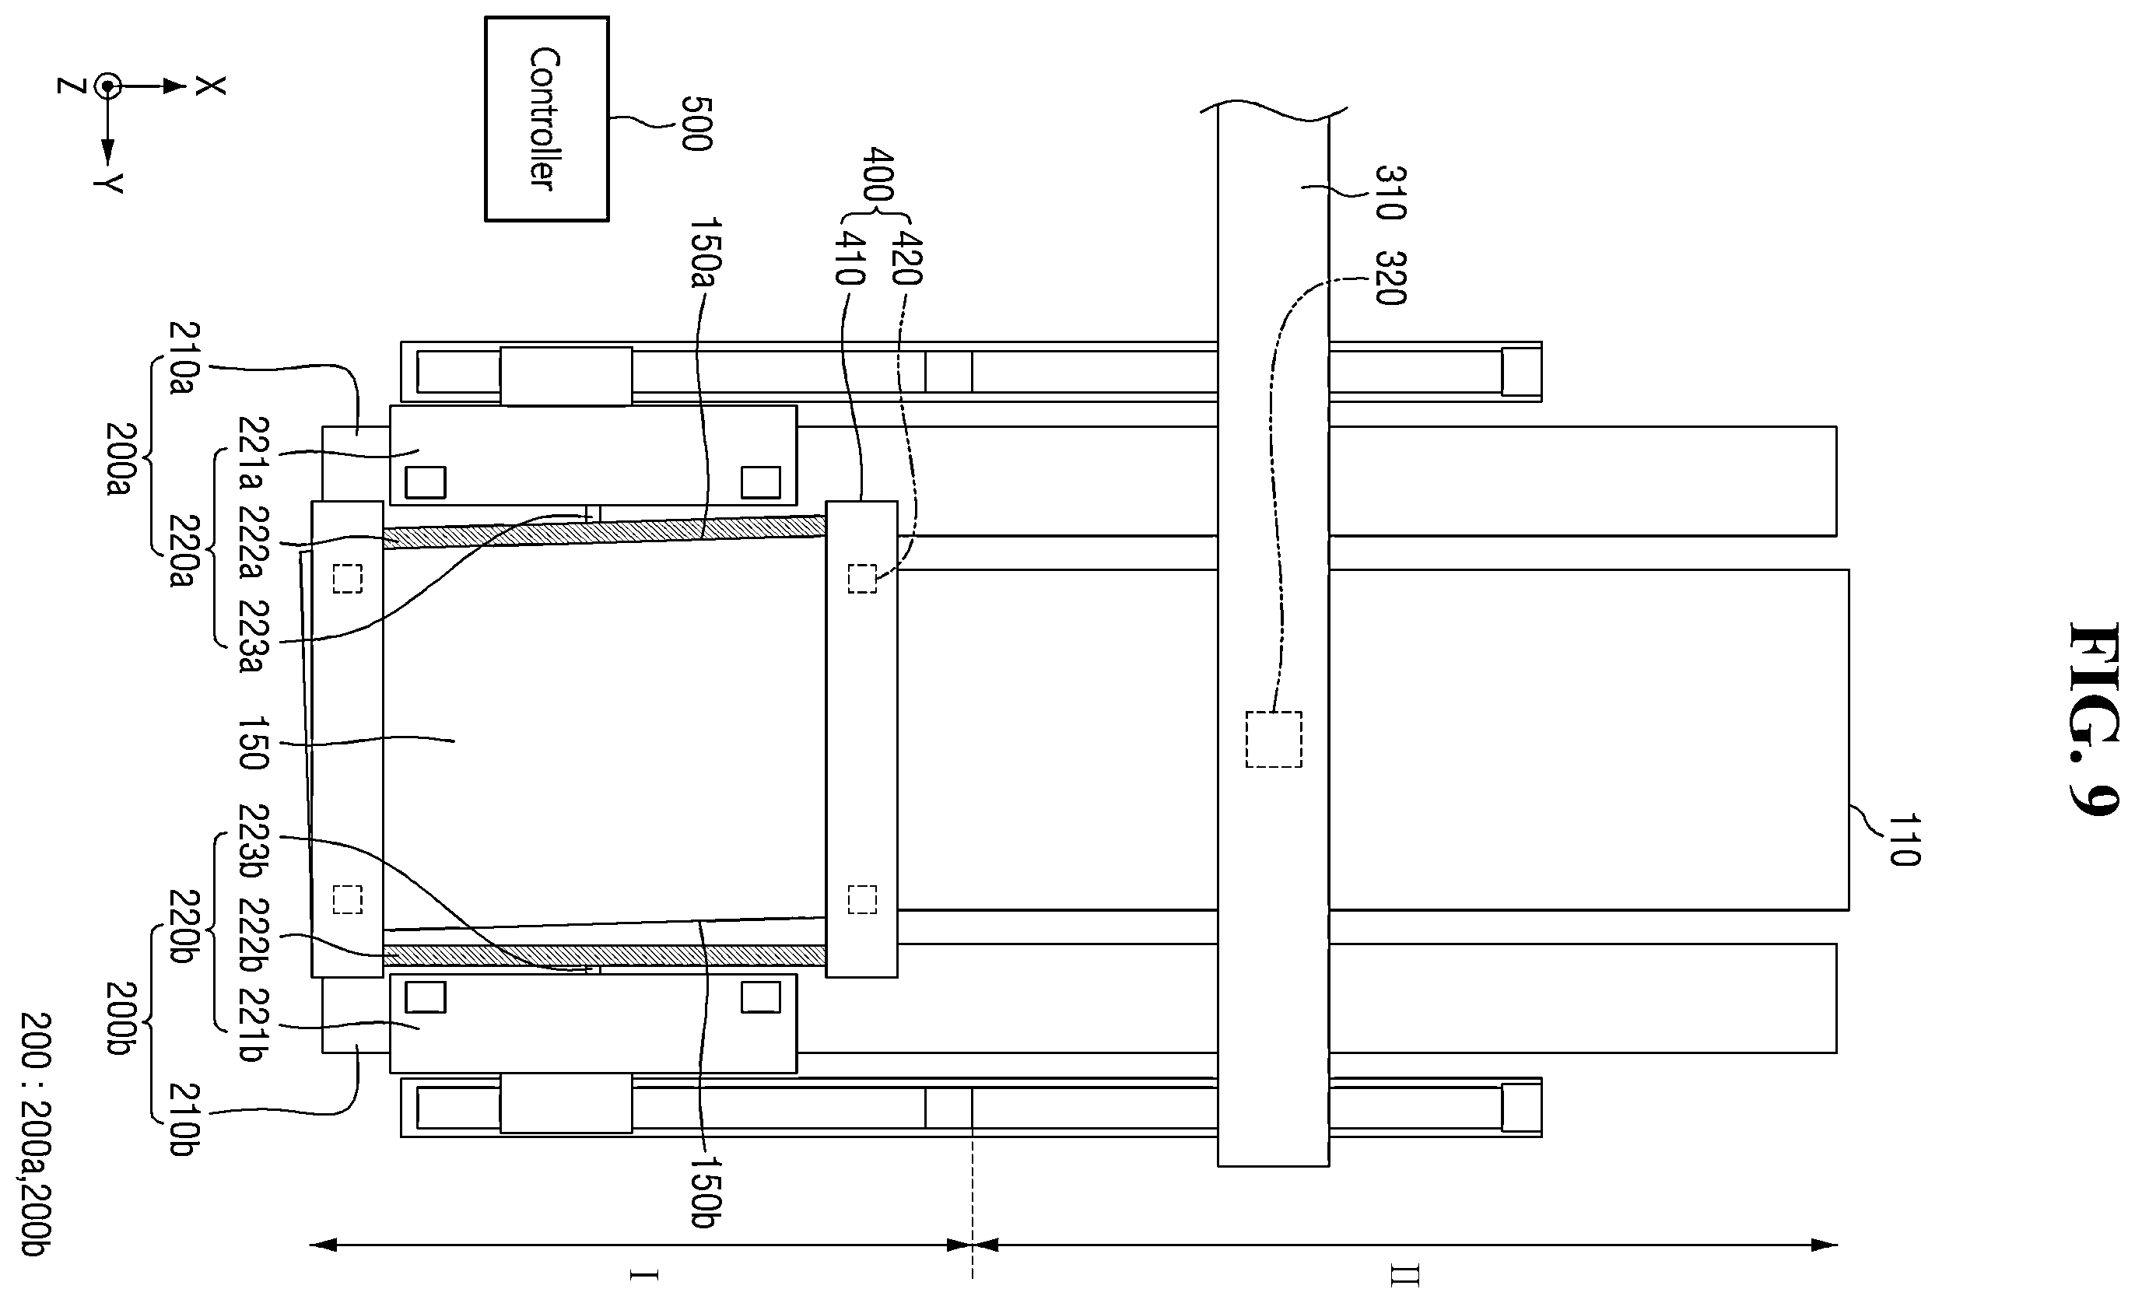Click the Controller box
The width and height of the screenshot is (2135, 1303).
click(547, 119)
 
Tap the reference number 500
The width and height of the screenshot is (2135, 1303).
click(696, 123)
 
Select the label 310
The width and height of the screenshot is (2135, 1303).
click(1390, 192)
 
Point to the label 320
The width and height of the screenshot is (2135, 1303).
click(1390, 278)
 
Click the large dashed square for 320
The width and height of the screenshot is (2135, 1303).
click(1274, 739)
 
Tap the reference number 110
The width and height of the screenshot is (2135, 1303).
click(1904, 839)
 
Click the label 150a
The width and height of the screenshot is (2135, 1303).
click(705, 253)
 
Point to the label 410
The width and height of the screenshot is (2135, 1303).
click(848, 257)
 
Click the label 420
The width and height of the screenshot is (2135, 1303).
click(906, 257)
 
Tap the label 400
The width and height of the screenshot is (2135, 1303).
click(878, 175)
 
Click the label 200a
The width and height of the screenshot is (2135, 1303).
click(120, 459)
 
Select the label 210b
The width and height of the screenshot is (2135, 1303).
click(184, 1119)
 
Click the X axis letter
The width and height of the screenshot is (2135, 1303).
click(210, 86)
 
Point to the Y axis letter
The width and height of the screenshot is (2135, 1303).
click(109, 183)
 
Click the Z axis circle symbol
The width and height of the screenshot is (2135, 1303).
click(107, 86)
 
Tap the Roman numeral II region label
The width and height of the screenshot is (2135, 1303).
click(1404, 1275)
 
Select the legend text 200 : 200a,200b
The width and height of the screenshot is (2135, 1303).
click(37, 1136)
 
